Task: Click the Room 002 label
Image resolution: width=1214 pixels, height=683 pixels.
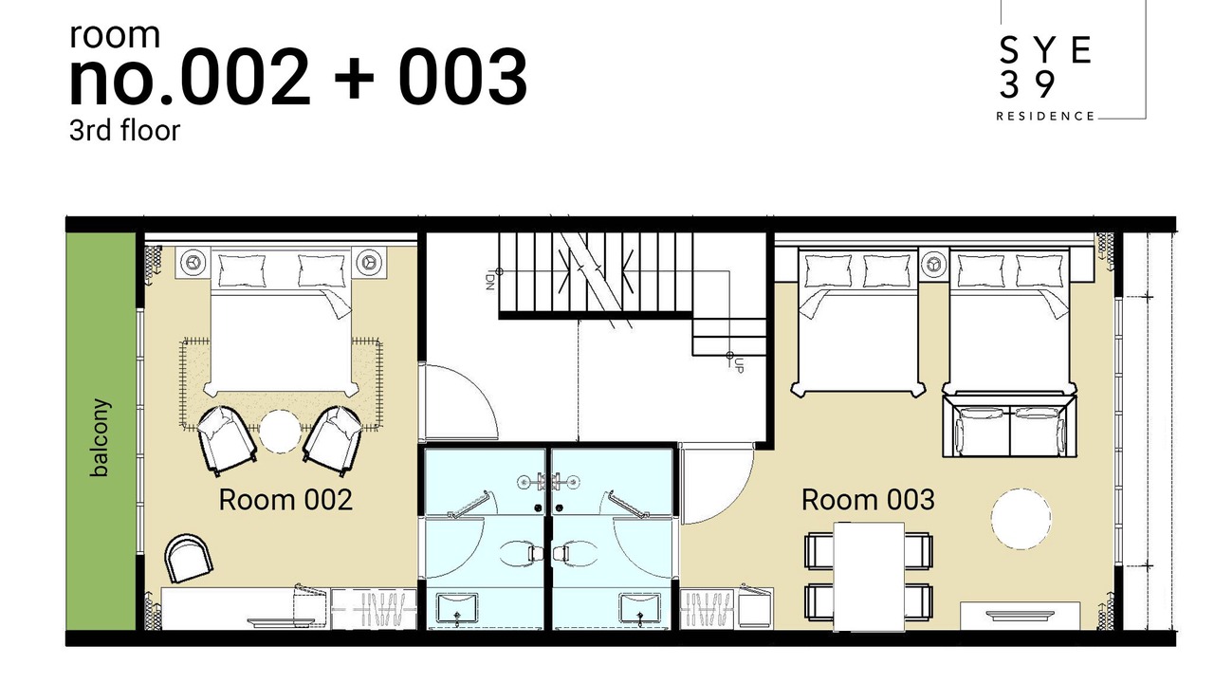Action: coord(285,500)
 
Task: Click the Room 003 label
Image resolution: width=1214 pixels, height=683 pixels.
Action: coord(868,500)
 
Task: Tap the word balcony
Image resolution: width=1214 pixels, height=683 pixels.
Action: coord(101,438)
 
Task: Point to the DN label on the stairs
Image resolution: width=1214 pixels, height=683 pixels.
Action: coord(489,282)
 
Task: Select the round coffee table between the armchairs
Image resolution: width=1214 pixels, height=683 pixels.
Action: coord(280,432)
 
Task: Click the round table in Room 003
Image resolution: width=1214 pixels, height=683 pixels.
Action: coord(1021,518)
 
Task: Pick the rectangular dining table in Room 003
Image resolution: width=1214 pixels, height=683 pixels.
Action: coord(869,576)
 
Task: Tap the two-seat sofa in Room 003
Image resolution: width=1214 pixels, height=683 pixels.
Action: coord(1010,426)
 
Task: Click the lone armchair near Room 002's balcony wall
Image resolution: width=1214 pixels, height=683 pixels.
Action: coord(188,558)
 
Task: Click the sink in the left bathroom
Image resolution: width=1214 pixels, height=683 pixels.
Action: coord(457,609)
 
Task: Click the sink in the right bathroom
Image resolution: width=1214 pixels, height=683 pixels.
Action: coord(640,609)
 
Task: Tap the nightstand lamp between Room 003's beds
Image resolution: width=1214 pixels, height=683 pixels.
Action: coord(933,264)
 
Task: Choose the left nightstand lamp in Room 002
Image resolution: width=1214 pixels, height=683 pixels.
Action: coord(193,263)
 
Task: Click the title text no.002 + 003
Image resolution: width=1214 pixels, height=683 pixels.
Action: coord(298,77)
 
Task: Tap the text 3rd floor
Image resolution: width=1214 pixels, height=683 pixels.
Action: coord(124,131)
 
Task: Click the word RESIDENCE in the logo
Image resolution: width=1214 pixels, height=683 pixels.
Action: coord(1045,116)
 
